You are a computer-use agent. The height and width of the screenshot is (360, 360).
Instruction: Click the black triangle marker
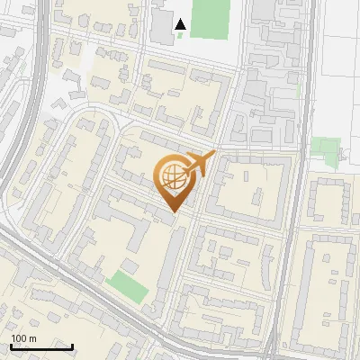[x=181, y=24]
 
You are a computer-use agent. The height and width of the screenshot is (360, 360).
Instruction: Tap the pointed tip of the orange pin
[x=173, y=212]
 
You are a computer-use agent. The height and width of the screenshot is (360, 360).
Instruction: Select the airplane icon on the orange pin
[x=199, y=165]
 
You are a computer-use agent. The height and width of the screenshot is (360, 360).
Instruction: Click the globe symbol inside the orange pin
[x=173, y=178]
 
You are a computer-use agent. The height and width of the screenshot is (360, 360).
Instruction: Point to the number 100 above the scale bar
[x=18, y=338]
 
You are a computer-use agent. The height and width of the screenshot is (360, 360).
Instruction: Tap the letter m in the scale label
[x=32, y=338]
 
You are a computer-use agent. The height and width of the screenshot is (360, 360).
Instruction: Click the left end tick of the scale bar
[x=11, y=346]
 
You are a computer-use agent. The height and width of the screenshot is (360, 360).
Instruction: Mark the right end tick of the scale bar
[x=73, y=346]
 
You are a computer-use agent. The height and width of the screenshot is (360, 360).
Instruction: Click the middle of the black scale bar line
[x=41, y=346]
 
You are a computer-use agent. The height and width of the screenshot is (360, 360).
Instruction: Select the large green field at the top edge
[x=209, y=18]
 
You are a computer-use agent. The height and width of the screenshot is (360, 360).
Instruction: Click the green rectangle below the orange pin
[x=127, y=286]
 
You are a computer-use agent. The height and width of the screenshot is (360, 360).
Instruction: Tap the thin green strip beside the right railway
[x=298, y=90]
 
